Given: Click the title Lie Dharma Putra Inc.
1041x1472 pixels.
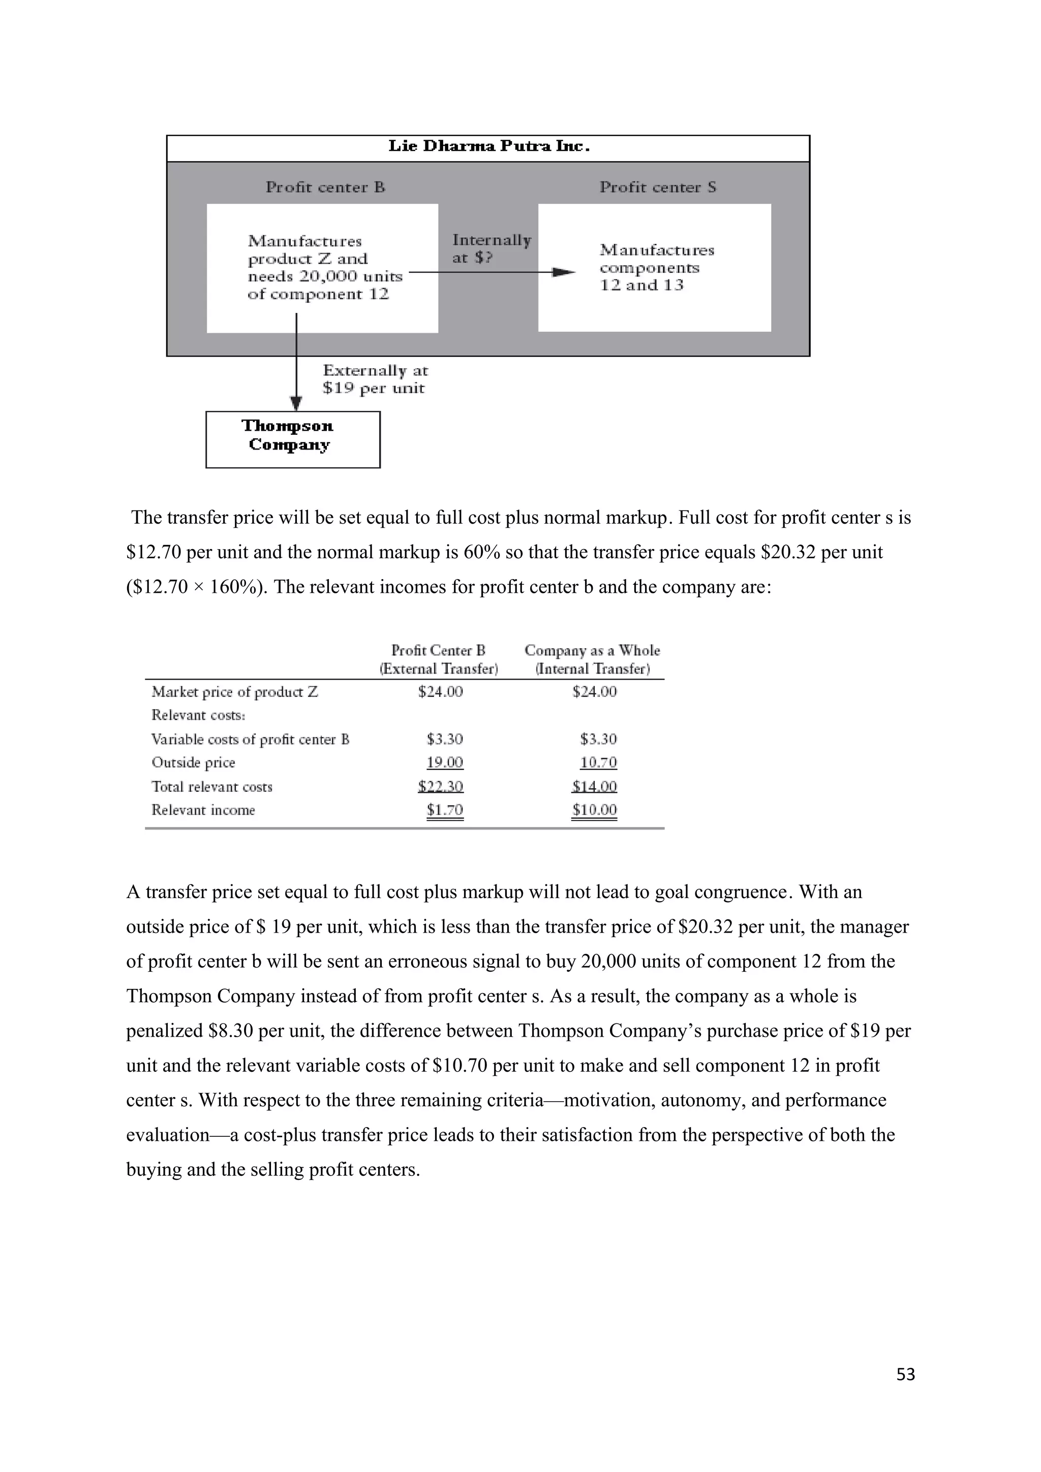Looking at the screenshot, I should click(x=489, y=147).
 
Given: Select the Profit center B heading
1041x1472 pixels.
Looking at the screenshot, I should click(x=325, y=187).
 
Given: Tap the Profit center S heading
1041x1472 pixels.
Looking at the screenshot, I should click(x=657, y=187).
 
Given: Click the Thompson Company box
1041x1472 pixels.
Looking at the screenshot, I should click(x=292, y=439).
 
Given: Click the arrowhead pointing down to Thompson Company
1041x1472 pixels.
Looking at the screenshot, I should click(x=296, y=404).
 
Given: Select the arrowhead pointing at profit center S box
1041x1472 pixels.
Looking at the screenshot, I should click(x=564, y=272).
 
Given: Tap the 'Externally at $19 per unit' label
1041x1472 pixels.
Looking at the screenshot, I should click(x=375, y=379).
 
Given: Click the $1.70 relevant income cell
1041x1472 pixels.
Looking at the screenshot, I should click(x=444, y=810).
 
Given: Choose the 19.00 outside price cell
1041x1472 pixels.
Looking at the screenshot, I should click(x=444, y=762).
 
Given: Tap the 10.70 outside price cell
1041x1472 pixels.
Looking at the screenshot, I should click(x=598, y=762).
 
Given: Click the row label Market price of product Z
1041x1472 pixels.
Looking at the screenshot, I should click(x=234, y=692).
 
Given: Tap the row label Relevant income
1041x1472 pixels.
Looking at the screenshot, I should click(x=203, y=810).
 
